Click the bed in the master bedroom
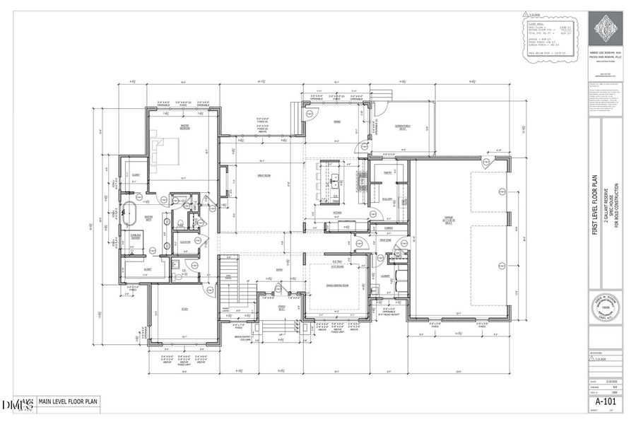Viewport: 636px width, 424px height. click(167, 151)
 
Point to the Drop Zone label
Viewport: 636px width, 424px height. click(386, 241)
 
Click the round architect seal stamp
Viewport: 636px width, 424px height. click(604, 309)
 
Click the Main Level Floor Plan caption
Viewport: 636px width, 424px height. click(69, 401)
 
